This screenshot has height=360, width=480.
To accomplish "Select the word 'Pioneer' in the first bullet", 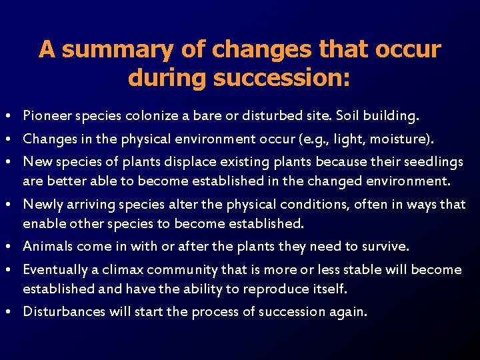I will pos(44,116).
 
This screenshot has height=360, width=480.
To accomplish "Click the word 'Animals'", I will pos(47,246).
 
